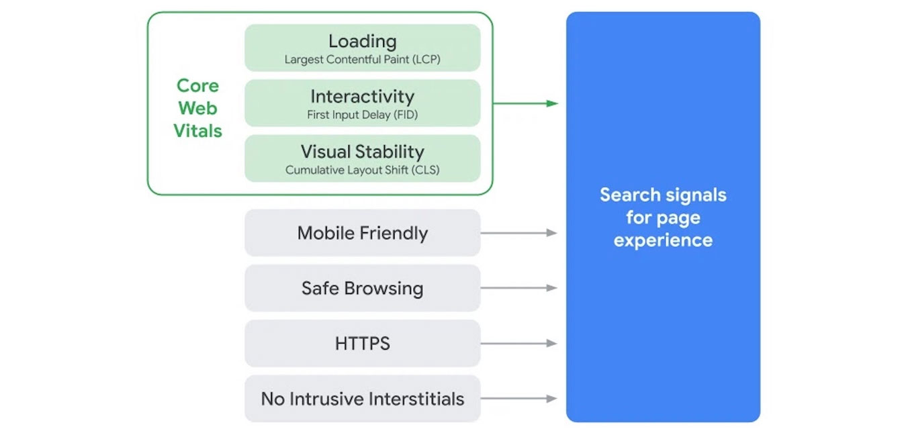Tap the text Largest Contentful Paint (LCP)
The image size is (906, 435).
tap(363, 60)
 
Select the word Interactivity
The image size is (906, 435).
tap(363, 97)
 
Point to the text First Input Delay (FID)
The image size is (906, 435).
tap(363, 115)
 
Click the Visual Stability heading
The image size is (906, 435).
tap(363, 152)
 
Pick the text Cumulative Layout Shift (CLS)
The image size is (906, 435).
tap(363, 171)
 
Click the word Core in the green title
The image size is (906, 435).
tap(197, 86)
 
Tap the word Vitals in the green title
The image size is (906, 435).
tap(197, 131)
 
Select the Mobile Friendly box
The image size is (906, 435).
tap(363, 233)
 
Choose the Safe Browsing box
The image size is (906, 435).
tap(363, 288)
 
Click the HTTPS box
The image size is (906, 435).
tap(363, 344)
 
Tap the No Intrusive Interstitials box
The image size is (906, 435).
tap(363, 399)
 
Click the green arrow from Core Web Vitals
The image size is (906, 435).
tap(525, 103)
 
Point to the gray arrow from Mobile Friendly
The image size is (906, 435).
tap(519, 233)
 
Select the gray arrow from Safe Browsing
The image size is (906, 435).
tap(519, 288)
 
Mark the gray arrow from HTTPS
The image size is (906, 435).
tap(519, 343)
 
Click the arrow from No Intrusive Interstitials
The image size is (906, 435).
tap(519, 399)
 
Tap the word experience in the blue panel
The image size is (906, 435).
tap(663, 241)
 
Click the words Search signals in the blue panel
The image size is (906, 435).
tap(663, 195)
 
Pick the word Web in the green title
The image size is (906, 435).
tap(197, 108)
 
